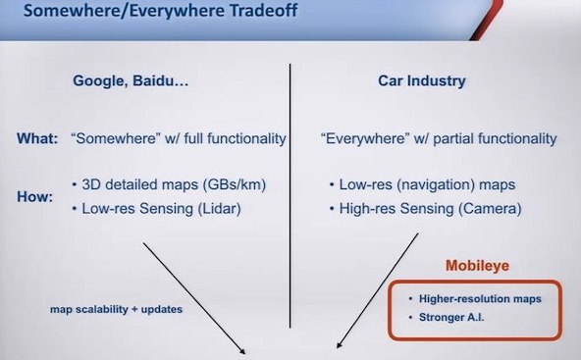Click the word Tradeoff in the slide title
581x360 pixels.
(x=264, y=10)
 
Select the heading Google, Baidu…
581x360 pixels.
(x=131, y=80)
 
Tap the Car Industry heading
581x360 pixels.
(x=422, y=80)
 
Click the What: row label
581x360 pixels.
(x=37, y=138)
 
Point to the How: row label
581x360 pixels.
(x=34, y=196)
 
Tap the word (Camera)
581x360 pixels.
(x=490, y=209)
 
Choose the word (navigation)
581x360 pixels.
(x=436, y=184)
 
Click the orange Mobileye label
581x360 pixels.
(x=477, y=266)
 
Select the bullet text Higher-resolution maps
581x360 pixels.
(x=480, y=299)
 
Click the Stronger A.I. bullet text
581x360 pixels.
(x=451, y=318)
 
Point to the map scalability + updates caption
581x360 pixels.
(x=117, y=309)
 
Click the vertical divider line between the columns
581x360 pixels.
(x=290, y=195)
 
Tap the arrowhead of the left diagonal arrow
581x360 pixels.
(x=243, y=353)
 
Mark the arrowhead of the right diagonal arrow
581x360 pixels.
(x=339, y=345)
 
